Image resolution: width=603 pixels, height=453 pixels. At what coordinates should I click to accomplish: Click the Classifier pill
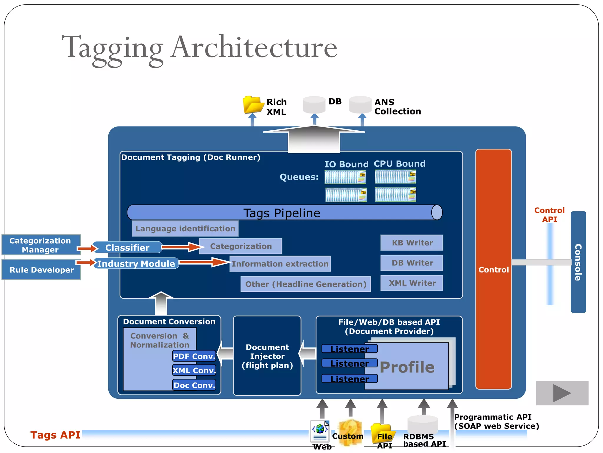coord(127,247)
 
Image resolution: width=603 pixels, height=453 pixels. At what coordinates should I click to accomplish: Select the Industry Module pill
coord(136,263)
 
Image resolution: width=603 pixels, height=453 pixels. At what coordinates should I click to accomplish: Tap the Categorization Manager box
coord(41,245)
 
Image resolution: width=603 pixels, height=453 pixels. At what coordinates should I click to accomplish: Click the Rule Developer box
coord(42,270)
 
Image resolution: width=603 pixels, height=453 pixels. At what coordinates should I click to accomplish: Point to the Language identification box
coord(185,229)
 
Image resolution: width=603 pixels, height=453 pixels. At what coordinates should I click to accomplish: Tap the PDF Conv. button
coord(194,356)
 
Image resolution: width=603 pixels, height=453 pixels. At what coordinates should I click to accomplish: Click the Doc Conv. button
coord(194,385)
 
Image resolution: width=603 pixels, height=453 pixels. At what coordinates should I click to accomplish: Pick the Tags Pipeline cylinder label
coord(282,213)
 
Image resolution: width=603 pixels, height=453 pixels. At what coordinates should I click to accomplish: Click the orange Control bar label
coord(493,270)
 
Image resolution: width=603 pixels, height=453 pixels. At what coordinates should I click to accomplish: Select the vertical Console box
coord(578,262)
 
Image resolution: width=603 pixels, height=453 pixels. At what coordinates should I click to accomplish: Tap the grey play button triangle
coord(561,393)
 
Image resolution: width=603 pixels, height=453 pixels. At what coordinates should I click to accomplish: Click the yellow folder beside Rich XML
coord(253,105)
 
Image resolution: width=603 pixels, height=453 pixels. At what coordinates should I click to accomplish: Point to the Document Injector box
coord(267,356)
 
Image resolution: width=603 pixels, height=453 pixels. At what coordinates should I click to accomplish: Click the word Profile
coord(407,367)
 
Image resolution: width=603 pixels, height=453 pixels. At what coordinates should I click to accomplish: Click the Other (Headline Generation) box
coord(306,284)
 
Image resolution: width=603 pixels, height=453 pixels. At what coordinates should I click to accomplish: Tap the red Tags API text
coord(55,435)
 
